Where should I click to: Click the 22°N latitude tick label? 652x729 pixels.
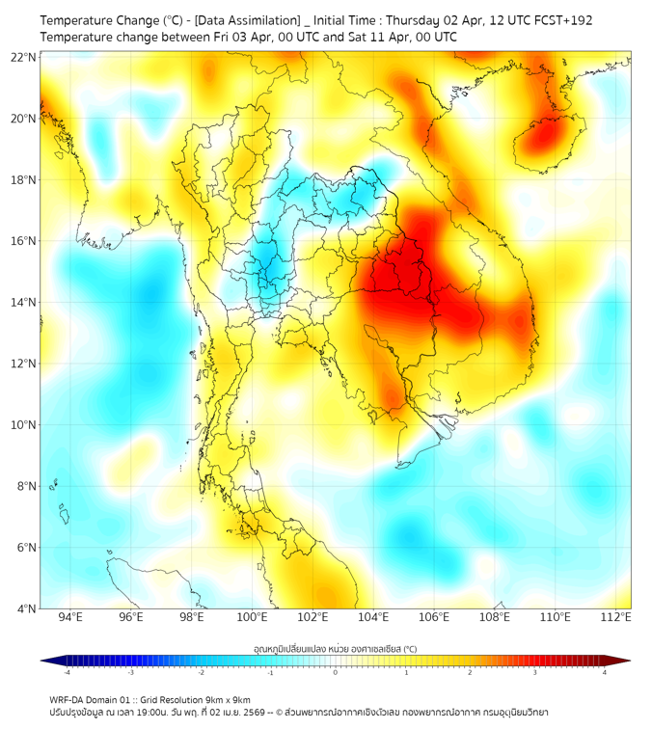(24, 57)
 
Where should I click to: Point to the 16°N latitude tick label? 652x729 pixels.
(24, 241)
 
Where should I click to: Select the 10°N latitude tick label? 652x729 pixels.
(24, 424)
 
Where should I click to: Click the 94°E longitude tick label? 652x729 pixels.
(70, 617)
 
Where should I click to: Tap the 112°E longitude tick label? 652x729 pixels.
(615, 617)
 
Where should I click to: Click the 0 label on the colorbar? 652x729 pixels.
(336, 672)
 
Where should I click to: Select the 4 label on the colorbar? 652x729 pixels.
(605, 672)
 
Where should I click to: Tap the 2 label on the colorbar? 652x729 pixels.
(471, 672)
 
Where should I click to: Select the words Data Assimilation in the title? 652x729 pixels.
(246, 20)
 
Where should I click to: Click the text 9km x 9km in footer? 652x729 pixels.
(222, 699)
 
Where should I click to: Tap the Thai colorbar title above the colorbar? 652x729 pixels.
(335, 648)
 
